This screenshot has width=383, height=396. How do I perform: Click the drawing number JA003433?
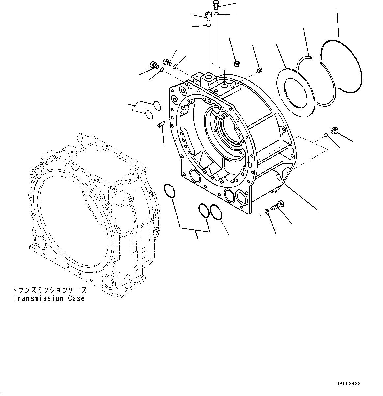[348, 384]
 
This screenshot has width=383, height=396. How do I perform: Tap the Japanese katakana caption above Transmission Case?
[49, 290]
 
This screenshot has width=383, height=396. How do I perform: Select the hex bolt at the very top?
[216, 4]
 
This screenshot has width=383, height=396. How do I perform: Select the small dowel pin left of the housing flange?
[161, 124]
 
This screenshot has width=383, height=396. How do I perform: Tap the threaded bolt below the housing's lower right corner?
[277, 206]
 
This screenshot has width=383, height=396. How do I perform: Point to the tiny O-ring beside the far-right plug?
[326, 134]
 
